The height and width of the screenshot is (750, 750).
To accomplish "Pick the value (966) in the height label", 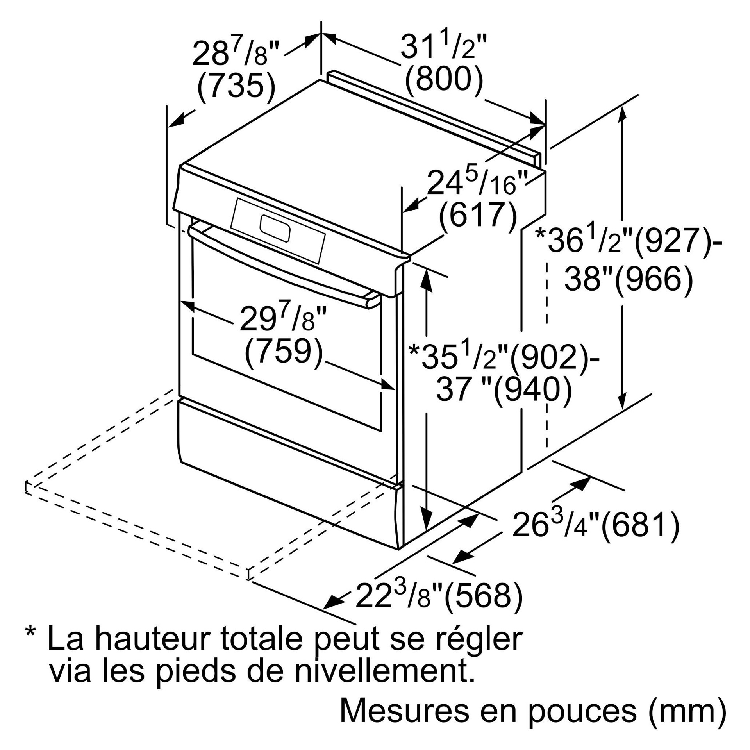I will pos(654,280).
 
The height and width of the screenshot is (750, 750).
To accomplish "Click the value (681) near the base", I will pos(641,525).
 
